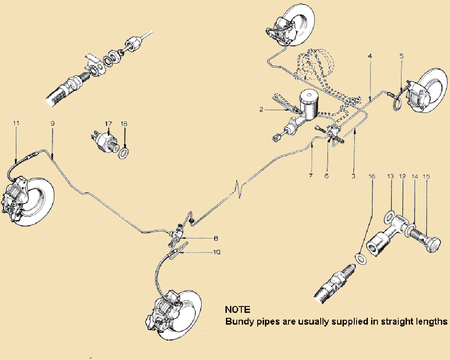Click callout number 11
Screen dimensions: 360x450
[x=16, y=123]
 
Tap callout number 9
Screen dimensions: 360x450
[x=53, y=123]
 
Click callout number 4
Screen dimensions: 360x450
[x=370, y=56]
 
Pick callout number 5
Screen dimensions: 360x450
[x=401, y=56]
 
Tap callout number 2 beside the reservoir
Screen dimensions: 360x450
[x=262, y=109]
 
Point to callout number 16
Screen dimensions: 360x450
[x=372, y=175]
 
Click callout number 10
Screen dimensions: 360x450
[x=217, y=252]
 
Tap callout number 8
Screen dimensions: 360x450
[x=215, y=238]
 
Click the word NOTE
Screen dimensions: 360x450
[x=238, y=310]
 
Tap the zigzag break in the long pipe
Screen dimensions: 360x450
[x=239, y=187]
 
